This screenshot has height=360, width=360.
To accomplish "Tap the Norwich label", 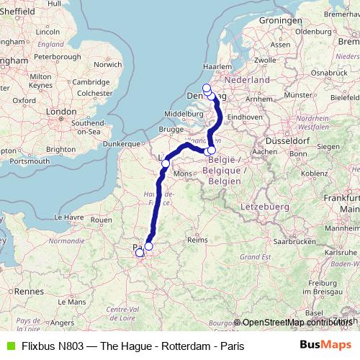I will coord(107,64).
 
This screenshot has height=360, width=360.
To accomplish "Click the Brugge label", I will coord(171,129).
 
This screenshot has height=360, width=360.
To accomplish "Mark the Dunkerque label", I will coord(120,144).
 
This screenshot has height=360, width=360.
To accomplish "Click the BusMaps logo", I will coord(325,346).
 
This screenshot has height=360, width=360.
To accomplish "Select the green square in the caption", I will coord(9,346).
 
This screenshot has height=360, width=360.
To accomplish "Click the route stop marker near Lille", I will coord(165,163).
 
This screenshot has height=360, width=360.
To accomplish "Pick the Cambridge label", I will coord(90,82).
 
